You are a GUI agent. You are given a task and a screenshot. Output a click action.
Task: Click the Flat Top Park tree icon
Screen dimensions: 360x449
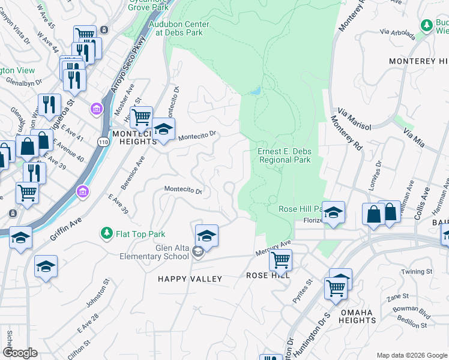coord(107,232)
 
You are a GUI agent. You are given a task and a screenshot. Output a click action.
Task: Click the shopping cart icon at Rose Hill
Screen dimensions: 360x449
coord(280,260)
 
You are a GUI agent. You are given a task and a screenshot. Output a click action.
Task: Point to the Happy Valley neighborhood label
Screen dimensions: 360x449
coord(190,279)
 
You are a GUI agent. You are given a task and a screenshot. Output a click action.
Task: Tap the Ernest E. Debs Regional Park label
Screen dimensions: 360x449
coord(284,156)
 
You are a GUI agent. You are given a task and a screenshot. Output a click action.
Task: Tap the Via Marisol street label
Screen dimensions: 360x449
coord(354,119)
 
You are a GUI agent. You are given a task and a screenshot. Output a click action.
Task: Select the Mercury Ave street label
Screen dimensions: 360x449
coord(272,246)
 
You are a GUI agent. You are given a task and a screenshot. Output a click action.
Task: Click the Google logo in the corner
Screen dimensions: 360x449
coord(20,353)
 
